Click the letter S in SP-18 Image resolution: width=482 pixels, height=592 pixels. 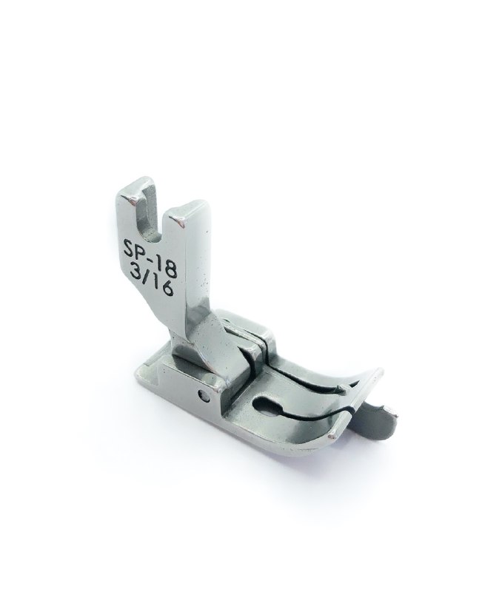coord(130,250)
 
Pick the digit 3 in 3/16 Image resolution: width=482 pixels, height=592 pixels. coord(134,272)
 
